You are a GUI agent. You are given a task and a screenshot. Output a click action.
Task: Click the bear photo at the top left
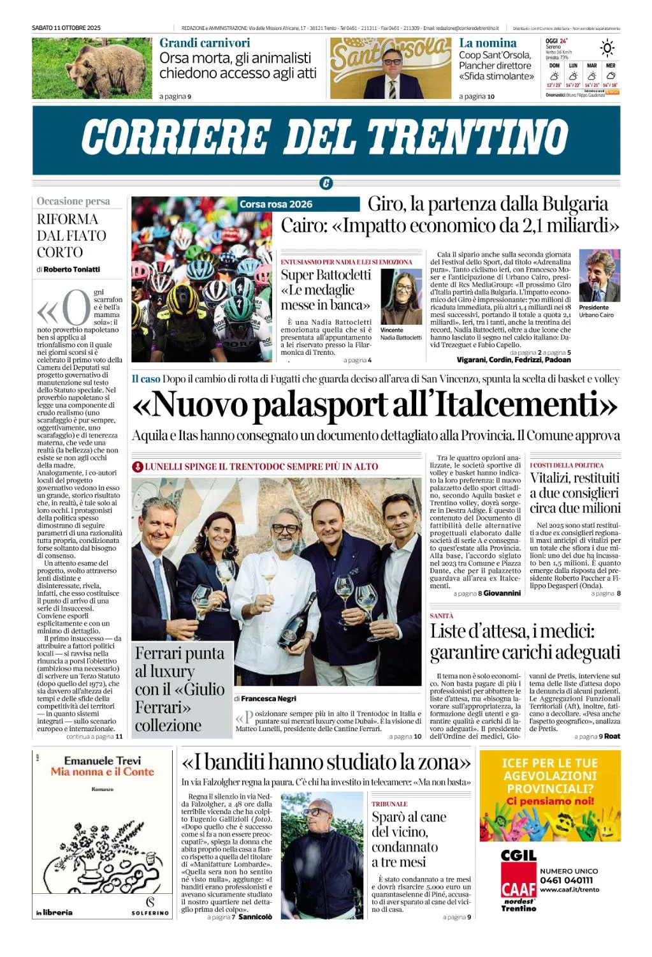[92, 68]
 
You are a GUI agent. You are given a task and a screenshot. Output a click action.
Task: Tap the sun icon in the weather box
[607, 48]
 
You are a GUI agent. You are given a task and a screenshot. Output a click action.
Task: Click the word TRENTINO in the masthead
[468, 137]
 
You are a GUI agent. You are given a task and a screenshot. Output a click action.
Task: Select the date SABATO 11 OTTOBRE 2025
[66, 28]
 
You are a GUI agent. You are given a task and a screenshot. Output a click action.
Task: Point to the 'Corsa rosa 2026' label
[276, 204]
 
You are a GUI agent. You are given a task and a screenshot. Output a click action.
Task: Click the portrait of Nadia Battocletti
[401, 297]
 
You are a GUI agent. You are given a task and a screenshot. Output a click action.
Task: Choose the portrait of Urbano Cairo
[599, 276]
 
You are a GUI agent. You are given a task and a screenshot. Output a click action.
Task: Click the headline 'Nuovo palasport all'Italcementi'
[375, 404]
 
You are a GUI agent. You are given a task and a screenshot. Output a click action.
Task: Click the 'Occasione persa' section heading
[73, 202]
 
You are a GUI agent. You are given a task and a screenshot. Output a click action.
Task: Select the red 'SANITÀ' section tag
[442, 616]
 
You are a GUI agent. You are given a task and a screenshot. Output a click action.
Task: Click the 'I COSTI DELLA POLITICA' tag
[567, 465]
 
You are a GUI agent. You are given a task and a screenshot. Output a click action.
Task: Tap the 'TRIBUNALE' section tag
[389, 804]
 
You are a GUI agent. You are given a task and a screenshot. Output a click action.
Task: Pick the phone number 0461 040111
[567, 880]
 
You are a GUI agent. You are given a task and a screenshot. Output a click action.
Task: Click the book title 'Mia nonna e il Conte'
[103, 772]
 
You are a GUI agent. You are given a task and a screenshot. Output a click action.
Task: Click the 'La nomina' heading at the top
[488, 43]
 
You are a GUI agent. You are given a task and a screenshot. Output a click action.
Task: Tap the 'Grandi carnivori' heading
[205, 43]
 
